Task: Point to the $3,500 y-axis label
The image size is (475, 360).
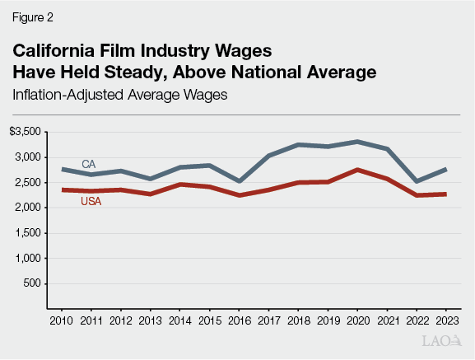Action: tap(26, 132)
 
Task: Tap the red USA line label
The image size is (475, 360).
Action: tap(91, 202)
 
